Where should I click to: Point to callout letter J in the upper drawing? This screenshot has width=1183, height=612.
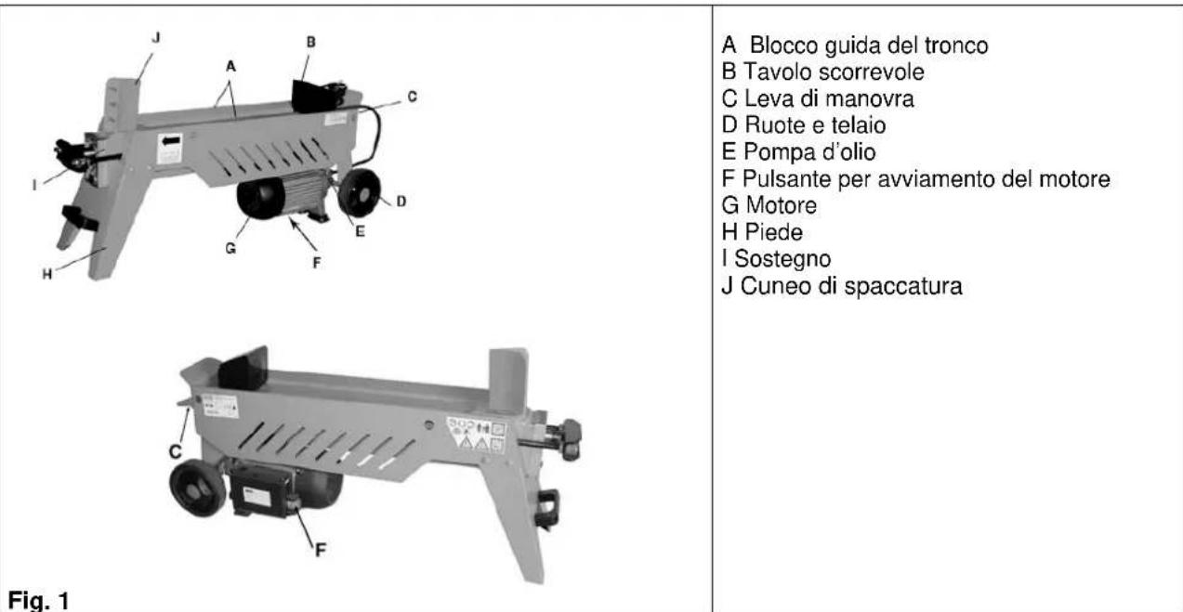click(x=155, y=39)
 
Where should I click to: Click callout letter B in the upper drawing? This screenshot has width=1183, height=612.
click(x=311, y=42)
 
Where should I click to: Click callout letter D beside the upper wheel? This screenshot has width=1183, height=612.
click(x=399, y=200)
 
